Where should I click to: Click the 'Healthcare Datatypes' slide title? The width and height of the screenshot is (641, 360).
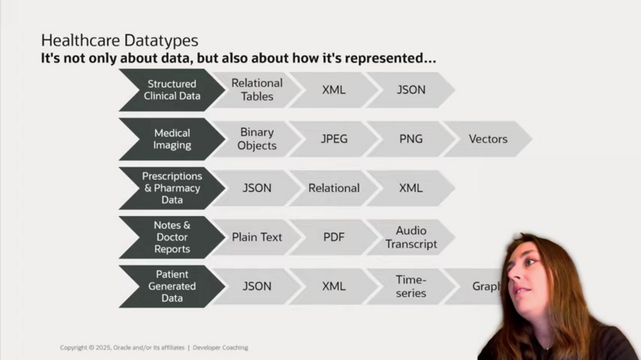tap(119, 40)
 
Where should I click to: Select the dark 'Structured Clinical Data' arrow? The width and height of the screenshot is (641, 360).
tap(172, 90)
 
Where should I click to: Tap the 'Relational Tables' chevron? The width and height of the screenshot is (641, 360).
tap(257, 90)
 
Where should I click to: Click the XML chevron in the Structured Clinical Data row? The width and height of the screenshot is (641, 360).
tap(334, 90)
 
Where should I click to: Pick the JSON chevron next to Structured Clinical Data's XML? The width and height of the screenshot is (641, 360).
tap(411, 90)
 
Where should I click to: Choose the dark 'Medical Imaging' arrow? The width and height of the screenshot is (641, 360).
tap(172, 139)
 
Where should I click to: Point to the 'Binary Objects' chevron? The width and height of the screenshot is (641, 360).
tap(257, 139)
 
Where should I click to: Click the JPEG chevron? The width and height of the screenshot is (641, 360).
tap(334, 139)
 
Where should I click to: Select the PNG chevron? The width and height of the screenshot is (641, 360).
tap(411, 139)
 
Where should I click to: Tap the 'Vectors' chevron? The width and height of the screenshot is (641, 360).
tap(488, 139)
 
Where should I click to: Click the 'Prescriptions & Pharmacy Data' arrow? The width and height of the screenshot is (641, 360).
tap(172, 188)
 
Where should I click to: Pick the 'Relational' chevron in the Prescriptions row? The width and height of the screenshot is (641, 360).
tap(334, 188)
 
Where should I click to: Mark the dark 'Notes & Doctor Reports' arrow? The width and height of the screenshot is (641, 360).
tap(172, 237)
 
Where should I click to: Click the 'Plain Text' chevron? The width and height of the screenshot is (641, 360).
tap(257, 237)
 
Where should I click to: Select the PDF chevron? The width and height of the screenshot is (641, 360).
tap(334, 237)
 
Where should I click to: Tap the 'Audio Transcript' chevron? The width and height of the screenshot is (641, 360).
tap(411, 237)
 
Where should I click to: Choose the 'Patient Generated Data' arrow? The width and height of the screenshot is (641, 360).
tap(172, 286)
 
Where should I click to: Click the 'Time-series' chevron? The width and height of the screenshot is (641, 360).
tap(411, 286)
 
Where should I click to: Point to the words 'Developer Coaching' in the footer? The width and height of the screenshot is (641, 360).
tap(220, 348)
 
